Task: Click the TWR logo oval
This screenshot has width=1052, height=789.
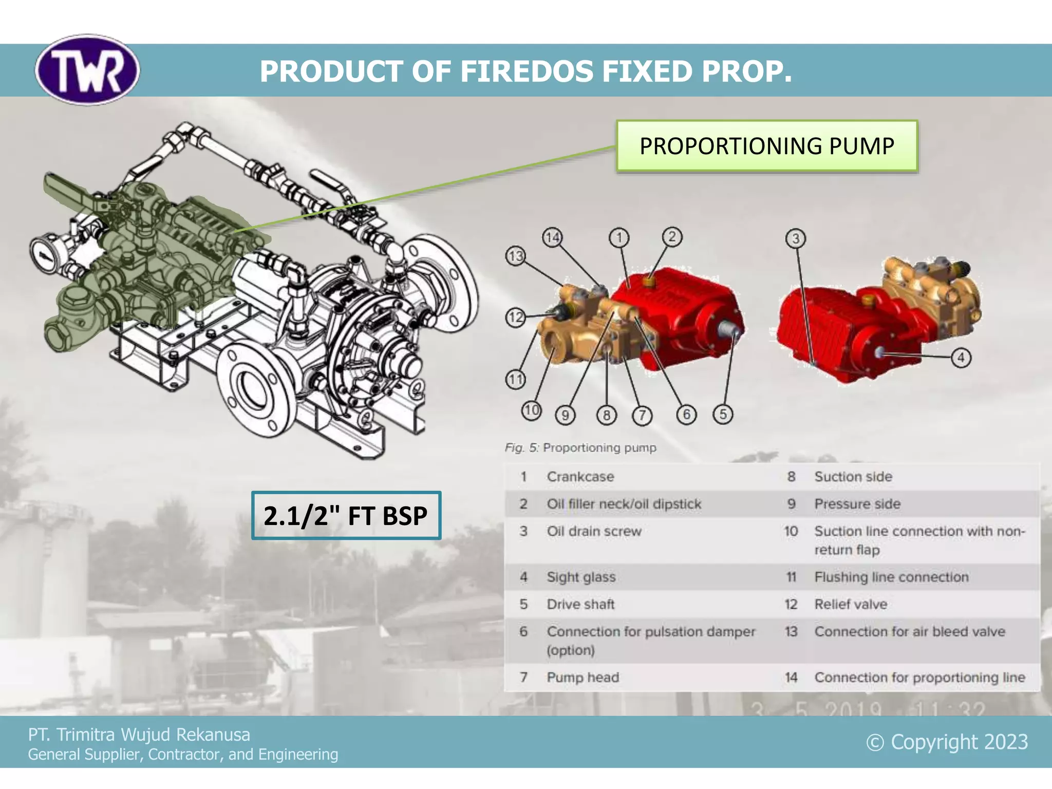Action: point(87,70)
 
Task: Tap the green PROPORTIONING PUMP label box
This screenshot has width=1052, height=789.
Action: point(766,146)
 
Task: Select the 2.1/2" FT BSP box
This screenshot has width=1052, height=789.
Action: point(346,515)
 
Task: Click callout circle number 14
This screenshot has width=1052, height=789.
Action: point(552,238)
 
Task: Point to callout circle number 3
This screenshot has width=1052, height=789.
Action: point(796,238)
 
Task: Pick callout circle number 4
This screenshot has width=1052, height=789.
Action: point(961,358)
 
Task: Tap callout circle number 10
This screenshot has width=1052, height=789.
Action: point(531,410)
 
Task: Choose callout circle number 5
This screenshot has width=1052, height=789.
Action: point(723,414)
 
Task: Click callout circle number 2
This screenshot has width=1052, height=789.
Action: point(672,237)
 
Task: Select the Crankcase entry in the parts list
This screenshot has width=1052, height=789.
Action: point(580,477)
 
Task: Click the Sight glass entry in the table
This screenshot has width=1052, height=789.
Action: point(581,577)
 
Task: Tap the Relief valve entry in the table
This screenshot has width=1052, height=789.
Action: point(851,604)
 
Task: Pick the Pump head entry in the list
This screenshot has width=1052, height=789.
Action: point(583,677)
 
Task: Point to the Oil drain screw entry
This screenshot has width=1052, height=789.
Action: point(594,531)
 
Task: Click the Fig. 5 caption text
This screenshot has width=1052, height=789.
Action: point(580,448)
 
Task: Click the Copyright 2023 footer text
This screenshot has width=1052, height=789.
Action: point(947,742)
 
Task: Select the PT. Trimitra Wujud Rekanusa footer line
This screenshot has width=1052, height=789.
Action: point(139,735)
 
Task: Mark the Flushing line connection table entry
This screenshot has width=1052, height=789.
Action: point(891,577)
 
